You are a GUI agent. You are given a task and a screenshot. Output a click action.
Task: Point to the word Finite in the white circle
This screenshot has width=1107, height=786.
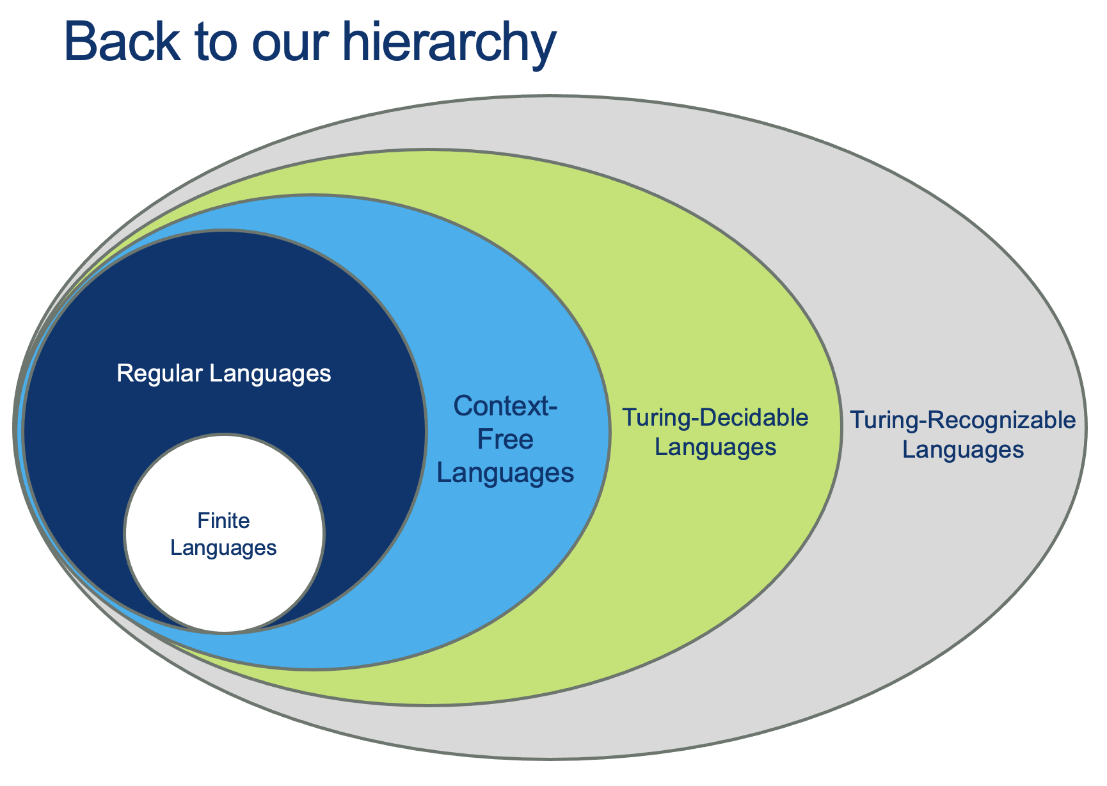pos(224,521)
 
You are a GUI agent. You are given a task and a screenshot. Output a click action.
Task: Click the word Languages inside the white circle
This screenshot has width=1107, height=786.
pos(224,548)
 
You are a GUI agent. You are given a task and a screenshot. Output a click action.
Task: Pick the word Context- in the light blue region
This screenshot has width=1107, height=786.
pos(505,406)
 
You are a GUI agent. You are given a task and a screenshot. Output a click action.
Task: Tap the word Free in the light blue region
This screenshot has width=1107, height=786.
pos(505,440)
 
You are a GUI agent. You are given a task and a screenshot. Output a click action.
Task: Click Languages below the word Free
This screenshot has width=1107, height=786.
pos(505,473)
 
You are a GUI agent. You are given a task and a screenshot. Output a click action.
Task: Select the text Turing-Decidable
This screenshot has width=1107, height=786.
pos(715,419)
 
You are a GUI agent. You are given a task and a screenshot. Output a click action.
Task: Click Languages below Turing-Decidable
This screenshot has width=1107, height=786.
pos(715,447)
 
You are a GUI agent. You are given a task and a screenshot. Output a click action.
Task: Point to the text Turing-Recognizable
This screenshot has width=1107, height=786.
pos(962,421)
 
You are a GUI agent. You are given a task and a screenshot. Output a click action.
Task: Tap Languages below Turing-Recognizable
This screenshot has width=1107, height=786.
pos(962,450)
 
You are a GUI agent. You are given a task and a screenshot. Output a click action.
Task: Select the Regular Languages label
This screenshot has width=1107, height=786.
pos(224,373)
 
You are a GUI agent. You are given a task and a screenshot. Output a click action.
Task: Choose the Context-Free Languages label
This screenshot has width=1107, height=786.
pos(505,440)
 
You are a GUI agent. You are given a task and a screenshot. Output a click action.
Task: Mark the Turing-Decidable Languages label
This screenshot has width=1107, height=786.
pos(715,433)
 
